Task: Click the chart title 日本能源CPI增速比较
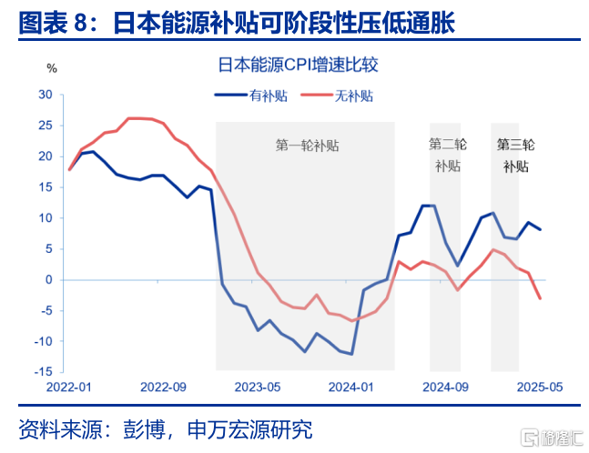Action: (x=293, y=65)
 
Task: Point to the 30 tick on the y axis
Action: (x=45, y=95)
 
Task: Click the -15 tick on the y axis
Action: (x=43, y=372)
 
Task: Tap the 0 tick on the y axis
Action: (x=48, y=280)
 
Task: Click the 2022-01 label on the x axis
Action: (x=70, y=388)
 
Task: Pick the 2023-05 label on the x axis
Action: (x=259, y=388)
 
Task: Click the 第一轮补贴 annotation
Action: (x=306, y=145)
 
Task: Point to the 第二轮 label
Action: (x=447, y=144)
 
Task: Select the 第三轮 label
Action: (x=516, y=144)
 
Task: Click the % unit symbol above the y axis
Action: (x=52, y=68)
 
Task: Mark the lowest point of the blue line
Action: (x=351, y=354)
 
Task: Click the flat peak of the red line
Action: (x=140, y=118)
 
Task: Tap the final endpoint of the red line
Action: (x=541, y=298)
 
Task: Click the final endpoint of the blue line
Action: (x=541, y=229)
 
